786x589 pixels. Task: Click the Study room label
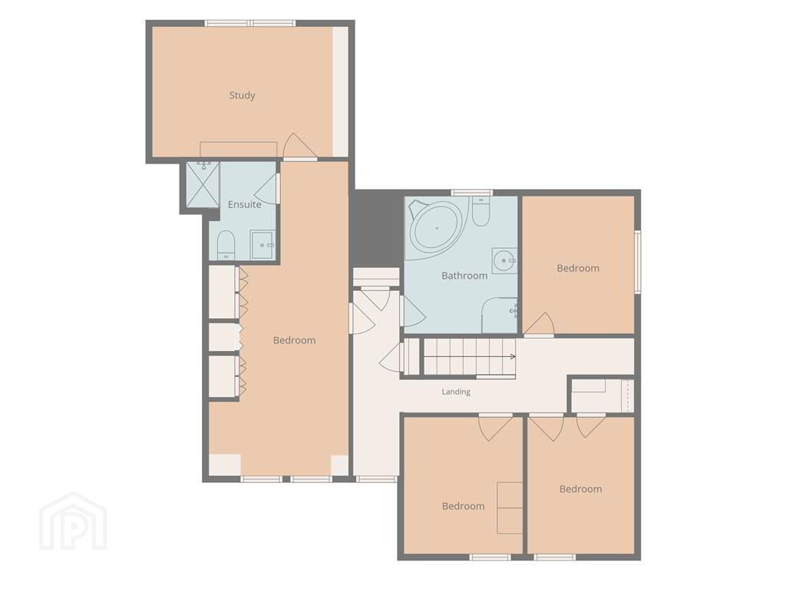[242, 95]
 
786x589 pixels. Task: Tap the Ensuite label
[245, 205]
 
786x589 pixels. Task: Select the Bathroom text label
[464, 276]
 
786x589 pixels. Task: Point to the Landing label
[456, 392]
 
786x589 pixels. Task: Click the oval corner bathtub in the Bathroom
[437, 228]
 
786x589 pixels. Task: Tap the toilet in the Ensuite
[226, 245]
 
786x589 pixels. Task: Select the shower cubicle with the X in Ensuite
[203, 184]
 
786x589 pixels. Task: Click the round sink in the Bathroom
[504, 260]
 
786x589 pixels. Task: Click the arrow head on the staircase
[513, 357]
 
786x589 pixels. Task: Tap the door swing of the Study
[300, 146]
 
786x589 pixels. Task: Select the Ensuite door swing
[266, 189]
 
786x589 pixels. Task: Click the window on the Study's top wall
[249, 22]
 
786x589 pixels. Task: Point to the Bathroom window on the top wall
[471, 193]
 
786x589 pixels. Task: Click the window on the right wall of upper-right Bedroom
[638, 261]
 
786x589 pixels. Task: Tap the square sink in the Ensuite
[263, 245]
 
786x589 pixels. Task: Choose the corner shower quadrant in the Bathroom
[499, 315]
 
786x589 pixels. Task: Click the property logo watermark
[73, 521]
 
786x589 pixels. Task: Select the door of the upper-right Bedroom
[540, 325]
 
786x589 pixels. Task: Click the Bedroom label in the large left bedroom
[294, 340]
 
